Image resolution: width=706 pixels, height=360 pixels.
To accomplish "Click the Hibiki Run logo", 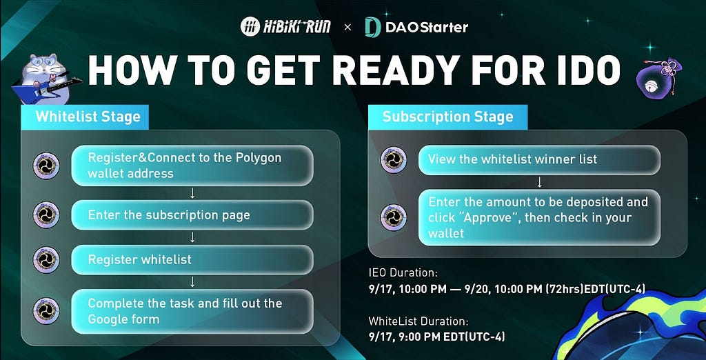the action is pos(285,27).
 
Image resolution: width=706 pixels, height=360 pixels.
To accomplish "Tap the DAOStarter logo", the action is pos(416,27).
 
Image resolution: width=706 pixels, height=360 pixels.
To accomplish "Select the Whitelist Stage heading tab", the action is pos(85,117).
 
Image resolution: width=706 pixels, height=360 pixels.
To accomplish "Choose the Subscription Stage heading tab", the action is pos(447,117).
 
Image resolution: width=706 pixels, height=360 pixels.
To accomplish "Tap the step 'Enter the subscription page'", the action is pos(192,215).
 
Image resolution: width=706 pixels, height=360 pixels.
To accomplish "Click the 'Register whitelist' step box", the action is pos(192,259).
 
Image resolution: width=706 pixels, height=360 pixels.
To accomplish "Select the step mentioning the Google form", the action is pos(192,311).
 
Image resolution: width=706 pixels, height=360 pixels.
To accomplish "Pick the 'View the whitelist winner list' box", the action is pos(539,159).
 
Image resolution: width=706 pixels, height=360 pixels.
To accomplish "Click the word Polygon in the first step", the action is pos(259,158).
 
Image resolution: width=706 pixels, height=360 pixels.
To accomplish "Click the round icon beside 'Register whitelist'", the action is pos(46,260).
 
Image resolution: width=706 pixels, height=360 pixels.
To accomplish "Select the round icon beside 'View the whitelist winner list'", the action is pos(394,160).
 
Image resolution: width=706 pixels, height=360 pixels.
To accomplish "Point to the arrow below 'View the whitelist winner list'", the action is pos(539,182).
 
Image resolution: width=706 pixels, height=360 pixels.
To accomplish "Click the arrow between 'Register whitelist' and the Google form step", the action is pos(192,281).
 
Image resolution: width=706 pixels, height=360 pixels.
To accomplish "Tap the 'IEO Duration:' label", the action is pos(403,272).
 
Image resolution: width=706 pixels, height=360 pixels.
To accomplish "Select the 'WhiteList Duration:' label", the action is pos(418,321).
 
